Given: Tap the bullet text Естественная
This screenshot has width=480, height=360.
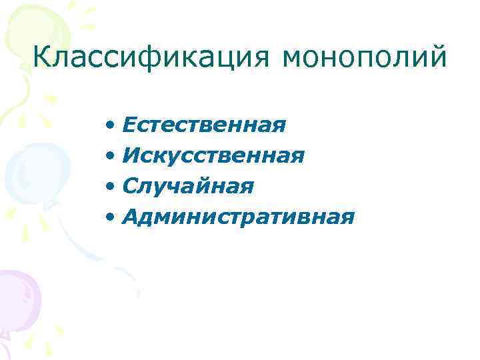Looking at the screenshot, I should tap(204, 125).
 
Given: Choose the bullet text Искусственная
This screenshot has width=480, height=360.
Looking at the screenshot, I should tap(213, 155).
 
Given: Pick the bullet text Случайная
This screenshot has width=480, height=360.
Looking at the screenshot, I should tap(188, 186).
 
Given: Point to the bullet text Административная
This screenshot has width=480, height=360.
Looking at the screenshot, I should tap(238, 217).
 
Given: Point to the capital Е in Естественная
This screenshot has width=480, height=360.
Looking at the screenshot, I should tap(131, 125).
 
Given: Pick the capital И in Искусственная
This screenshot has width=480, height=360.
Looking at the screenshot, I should tap(132, 155).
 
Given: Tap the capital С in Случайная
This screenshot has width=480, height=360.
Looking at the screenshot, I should tap(131, 186).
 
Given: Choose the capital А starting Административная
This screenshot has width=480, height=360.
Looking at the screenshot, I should tap(131, 217).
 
